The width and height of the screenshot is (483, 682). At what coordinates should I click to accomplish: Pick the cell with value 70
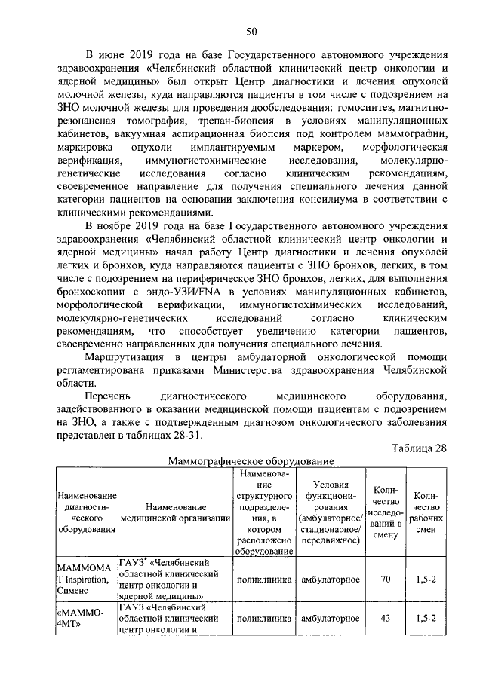385,580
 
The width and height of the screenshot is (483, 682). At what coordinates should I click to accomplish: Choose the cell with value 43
385,618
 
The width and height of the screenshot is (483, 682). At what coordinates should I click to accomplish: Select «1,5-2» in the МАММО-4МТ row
426,618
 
